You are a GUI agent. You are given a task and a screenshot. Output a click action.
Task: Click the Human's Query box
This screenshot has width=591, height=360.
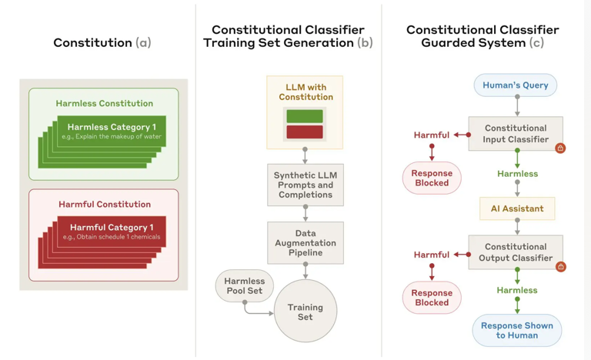coord(515,85)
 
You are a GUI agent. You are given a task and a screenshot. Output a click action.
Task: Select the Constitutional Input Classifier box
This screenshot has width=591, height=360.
coord(515,134)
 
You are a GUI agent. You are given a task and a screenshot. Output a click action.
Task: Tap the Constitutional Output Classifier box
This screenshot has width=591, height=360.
coord(515,252)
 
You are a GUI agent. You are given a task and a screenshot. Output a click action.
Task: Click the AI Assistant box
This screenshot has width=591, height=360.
coord(516,208)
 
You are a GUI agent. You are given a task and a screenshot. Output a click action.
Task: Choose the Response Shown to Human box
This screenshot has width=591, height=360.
coord(516,330)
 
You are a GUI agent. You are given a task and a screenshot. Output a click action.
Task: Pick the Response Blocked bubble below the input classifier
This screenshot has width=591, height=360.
coord(432,178)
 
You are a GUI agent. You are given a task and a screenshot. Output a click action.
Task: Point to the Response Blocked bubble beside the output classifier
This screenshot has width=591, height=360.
coord(432,298)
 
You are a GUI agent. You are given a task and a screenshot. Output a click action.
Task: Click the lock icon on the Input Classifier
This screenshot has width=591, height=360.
coord(560,148)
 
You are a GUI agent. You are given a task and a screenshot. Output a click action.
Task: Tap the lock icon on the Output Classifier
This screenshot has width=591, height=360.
coord(560,266)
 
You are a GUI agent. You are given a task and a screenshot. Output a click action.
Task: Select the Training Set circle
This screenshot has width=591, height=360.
coord(306,312)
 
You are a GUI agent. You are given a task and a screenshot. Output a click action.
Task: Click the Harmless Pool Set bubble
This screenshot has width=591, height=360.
coord(244,286)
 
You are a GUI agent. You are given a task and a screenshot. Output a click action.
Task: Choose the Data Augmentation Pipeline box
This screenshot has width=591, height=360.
coord(306,242)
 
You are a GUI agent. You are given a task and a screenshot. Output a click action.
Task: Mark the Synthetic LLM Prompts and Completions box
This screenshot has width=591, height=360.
coord(306,185)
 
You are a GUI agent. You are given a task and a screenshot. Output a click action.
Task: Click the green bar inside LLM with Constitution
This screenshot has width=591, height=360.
coord(305,116)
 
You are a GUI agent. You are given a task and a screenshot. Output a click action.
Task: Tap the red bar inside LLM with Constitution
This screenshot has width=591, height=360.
coord(305,132)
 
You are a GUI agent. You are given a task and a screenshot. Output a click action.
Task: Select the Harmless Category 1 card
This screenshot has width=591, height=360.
coord(112,131)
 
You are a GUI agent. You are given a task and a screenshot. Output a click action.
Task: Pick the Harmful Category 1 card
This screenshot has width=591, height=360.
coord(112,232)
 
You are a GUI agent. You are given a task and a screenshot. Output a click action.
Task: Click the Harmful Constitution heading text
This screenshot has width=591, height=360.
coord(105,205)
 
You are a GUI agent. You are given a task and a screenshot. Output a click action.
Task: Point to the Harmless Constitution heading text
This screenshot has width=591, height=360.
coord(104,103)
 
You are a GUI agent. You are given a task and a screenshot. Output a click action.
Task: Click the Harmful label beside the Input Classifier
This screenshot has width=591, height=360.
coord(431,135)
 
